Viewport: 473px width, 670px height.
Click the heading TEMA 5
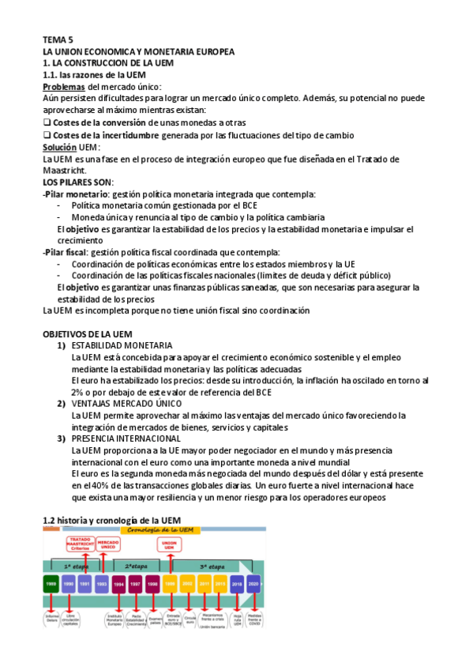click(58, 38)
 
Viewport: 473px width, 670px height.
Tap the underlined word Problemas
click(63, 86)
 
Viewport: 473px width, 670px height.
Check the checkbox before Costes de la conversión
click(47, 122)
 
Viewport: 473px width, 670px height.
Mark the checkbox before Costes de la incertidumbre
click(47, 135)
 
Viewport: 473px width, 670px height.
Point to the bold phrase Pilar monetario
click(76, 194)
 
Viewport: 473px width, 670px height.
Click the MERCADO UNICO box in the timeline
click(107, 545)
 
